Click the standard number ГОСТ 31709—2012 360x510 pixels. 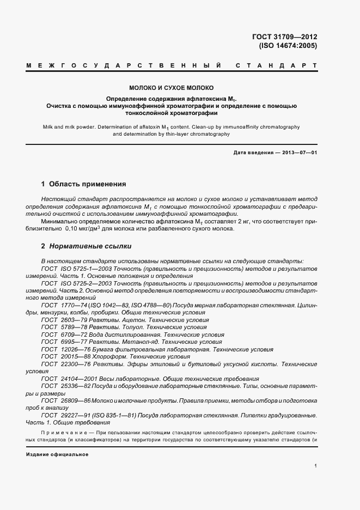pos(289,37)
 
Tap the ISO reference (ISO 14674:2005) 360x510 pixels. pos(289,46)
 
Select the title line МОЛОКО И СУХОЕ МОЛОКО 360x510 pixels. pos(172,87)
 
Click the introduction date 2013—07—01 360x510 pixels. pos(298,153)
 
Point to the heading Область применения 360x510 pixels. pos(87,184)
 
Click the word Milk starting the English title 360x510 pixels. pos(49,126)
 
